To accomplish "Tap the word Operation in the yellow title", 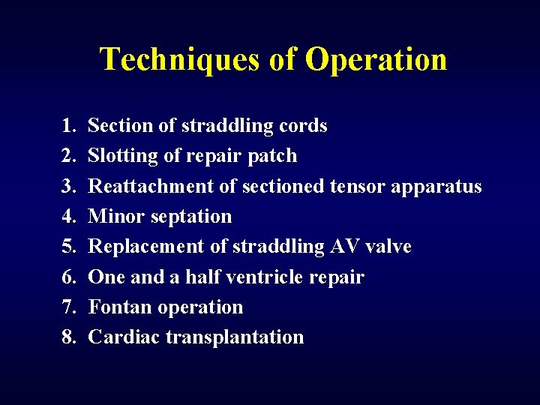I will [x=376, y=59].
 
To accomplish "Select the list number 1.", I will [x=69, y=126].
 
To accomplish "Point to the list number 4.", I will [x=69, y=217].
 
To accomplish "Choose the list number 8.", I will [x=69, y=337].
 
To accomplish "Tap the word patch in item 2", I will [x=277, y=156].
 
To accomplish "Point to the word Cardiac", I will [x=124, y=337].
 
